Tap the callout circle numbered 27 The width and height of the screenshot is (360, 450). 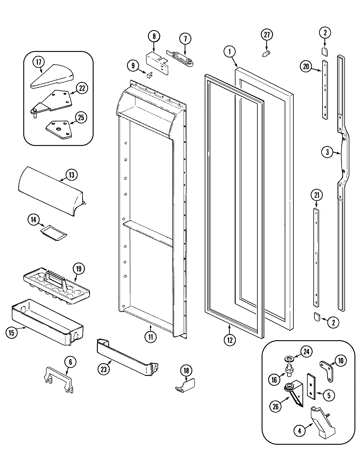coord(267,35)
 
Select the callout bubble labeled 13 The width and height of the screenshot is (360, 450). coord(71,175)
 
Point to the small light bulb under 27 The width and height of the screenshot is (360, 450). coord(265,54)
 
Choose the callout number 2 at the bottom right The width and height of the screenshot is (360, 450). coord(333,323)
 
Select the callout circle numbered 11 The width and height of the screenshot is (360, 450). coord(150,337)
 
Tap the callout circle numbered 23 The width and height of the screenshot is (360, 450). coord(104,369)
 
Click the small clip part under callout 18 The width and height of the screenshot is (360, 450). coord(184,385)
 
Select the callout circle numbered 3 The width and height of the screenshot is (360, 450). coord(327,152)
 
